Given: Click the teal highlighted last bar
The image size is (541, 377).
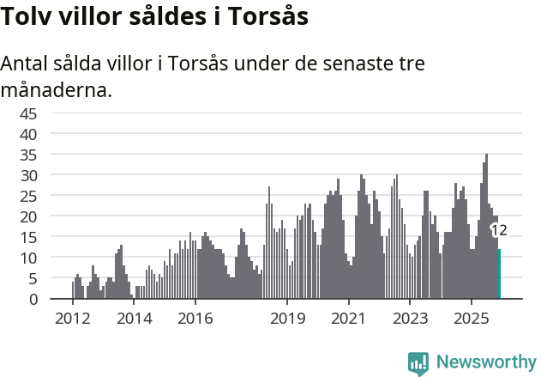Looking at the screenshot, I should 499,274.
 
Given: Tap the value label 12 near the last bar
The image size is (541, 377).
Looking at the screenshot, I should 498,230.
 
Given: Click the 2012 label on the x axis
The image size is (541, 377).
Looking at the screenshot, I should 72,319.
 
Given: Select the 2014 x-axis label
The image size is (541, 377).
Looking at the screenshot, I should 135,319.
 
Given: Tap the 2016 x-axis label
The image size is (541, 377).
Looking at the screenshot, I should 195,319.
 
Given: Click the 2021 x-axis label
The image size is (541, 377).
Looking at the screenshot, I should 349,319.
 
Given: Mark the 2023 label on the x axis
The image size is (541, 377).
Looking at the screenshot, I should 410,319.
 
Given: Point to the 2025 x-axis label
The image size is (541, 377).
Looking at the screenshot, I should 472,319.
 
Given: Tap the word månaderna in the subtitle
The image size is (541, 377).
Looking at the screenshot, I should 57,89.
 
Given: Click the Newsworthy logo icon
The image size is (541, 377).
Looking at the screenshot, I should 418,363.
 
